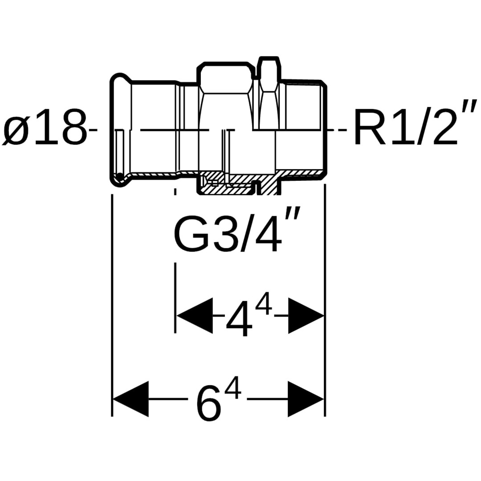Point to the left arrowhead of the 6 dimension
(131, 399)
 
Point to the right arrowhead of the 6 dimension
(306, 399)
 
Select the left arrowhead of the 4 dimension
(195, 315)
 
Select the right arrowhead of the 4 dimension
(306, 315)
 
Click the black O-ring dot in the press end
(119, 177)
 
